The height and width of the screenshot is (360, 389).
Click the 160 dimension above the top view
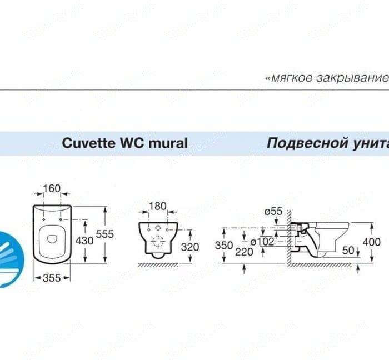click(52, 189)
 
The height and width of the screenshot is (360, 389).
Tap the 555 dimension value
click(104, 234)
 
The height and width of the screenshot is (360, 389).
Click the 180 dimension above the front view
click(158, 207)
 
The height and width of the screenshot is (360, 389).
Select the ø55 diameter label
click(273, 212)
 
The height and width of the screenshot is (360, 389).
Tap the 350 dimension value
click(225, 245)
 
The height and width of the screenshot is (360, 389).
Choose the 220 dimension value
click(243, 251)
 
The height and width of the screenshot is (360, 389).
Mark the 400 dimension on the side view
click(371, 242)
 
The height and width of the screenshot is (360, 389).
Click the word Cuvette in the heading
click(86, 143)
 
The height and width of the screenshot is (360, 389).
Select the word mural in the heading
click(168, 143)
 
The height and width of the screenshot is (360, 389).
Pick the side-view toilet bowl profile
click(325, 236)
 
